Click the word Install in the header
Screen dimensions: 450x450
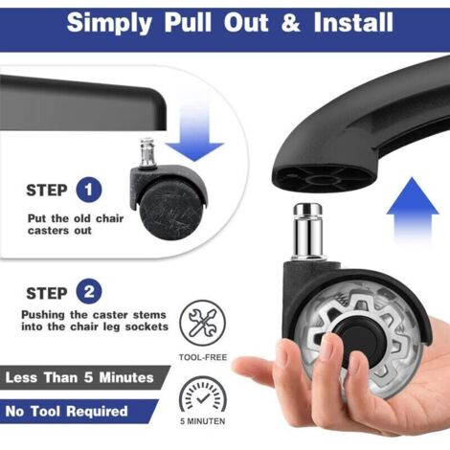pyautogui.click(x=353, y=22)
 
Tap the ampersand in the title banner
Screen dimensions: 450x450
pyautogui.click(x=290, y=22)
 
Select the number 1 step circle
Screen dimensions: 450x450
pyautogui.click(x=89, y=190)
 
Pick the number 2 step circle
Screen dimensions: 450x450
pyautogui.click(x=89, y=292)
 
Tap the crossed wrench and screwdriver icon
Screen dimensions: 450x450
pyautogui.click(x=202, y=323)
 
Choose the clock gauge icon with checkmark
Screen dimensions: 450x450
pyautogui.click(x=202, y=394)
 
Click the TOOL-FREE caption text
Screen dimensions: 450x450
pyautogui.click(x=203, y=357)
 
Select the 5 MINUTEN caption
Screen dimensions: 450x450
pyautogui.click(x=203, y=421)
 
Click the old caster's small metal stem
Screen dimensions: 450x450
pyautogui.click(x=147, y=152)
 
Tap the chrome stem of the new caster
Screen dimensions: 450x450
pyautogui.click(x=308, y=231)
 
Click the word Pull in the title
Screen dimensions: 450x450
pyautogui.click(x=188, y=22)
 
